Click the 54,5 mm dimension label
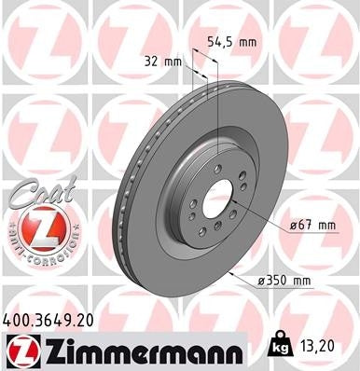pyautogui.click(x=231, y=42)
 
